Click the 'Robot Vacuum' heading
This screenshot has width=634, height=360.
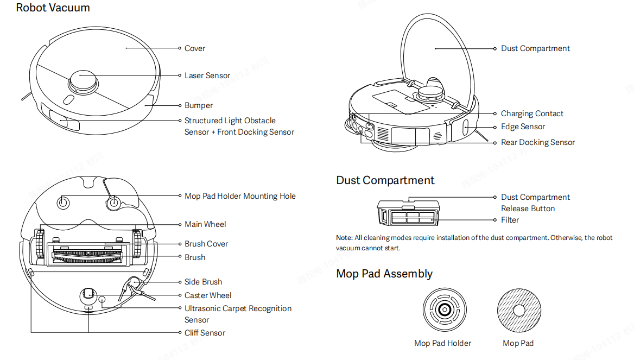pyautogui.click(x=53, y=8)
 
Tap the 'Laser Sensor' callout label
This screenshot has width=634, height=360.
pyautogui.click(x=207, y=75)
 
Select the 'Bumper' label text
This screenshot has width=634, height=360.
pyautogui.click(x=199, y=105)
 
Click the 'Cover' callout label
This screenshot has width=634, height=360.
pyautogui.click(x=195, y=48)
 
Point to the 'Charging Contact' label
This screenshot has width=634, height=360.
pyautogui.click(x=532, y=113)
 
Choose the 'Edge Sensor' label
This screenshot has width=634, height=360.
pyautogui.click(x=523, y=127)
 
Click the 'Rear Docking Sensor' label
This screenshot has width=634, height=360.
pyautogui.click(x=537, y=142)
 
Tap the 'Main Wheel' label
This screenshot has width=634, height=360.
pyautogui.click(x=205, y=224)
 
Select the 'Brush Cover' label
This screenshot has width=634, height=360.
pyautogui.click(x=206, y=244)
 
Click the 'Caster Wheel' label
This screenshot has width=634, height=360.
pyautogui.click(x=208, y=295)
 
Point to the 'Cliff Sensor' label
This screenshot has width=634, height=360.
pyautogui.click(x=205, y=333)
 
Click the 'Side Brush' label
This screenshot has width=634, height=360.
pyautogui.click(x=203, y=282)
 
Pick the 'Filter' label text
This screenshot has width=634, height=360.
pyautogui.click(x=510, y=220)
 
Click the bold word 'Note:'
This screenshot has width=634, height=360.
pyautogui.click(x=344, y=238)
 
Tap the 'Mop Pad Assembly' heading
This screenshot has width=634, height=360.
pyautogui.click(x=384, y=274)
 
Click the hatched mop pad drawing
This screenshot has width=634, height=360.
pyautogui.click(x=518, y=310)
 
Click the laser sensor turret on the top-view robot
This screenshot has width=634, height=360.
pyautogui.click(x=83, y=82)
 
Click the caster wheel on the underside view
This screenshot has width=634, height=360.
pyautogui.click(x=88, y=295)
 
